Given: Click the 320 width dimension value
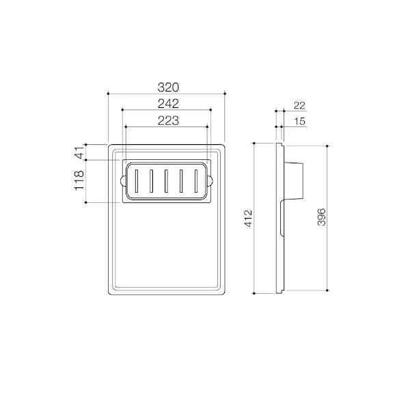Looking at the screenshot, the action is (x=168, y=87).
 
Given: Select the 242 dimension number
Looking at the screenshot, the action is (x=168, y=104).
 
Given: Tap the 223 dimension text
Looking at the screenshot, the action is (x=168, y=121).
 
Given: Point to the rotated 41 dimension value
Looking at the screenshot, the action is (x=80, y=152).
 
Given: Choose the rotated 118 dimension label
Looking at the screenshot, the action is (x=79, y=180).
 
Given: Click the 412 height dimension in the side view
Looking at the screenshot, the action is (x=248, y=218).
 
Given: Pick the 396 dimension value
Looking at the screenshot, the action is (x=321, y=217).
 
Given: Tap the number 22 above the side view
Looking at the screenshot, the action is (x=299, y=106).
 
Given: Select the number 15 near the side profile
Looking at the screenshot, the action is (x=300, y=122).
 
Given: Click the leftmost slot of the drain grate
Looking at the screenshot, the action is (x=137, y=181).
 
